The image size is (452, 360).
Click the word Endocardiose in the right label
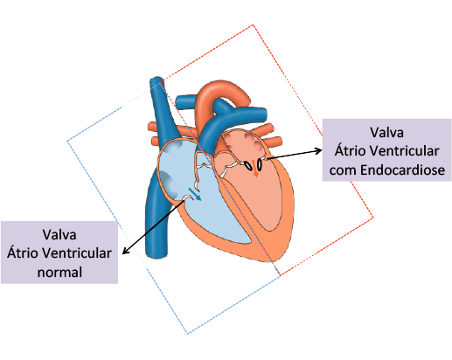403,170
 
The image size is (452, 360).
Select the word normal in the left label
59,273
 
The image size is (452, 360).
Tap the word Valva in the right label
387,133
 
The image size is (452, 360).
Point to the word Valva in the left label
59,234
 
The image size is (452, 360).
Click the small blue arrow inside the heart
195,194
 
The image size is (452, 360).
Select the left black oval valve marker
248,166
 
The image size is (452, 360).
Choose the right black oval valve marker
259,165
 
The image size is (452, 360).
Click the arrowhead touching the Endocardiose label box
318,150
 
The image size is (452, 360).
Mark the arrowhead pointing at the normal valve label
125,251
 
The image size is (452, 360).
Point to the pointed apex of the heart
270,260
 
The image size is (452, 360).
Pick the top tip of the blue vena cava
156,79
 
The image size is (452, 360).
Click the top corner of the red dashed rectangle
253,25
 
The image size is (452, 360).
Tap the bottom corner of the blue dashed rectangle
187,334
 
